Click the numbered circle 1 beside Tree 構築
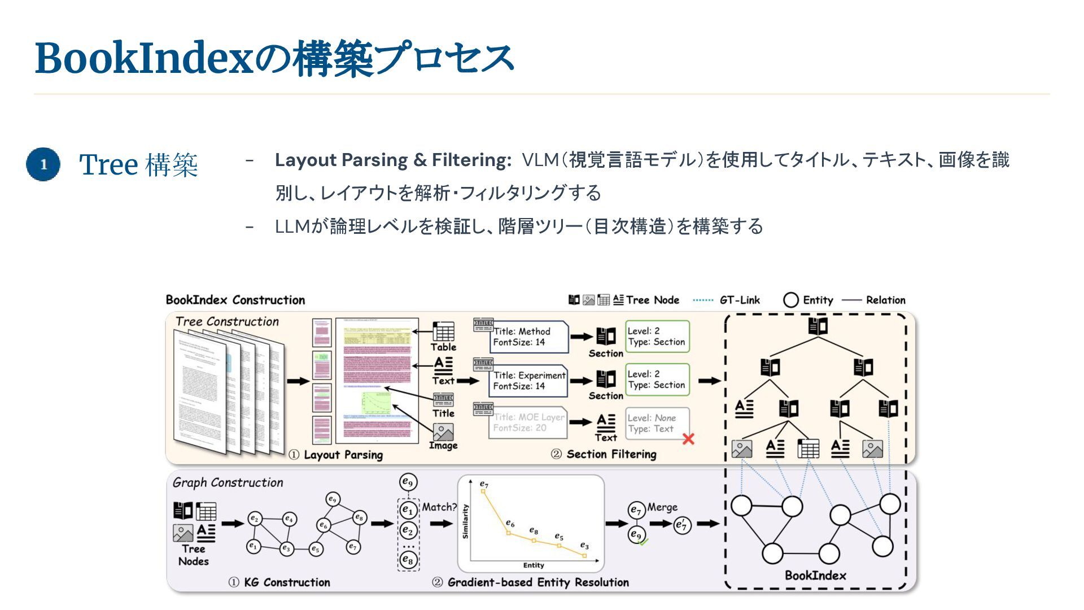coord(43,164)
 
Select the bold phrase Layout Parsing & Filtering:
coord(393,160)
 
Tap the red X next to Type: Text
coord(688,439)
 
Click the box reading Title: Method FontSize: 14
coord(528,337)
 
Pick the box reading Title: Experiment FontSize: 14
coord(528,381)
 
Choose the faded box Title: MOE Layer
coord(528,422)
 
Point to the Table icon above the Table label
coord(443,332)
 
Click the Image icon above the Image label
coord(443,432)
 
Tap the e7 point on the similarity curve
coord(483,491)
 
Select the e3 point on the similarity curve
coord(584,556)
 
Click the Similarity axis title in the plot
coord(465,521)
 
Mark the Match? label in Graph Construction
coord(439,507)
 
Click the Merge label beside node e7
coord(662,507)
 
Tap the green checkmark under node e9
coord(643,542)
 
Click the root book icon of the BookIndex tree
coord(818,326)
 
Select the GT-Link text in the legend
coord(740,300)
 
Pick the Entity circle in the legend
coord(791,300)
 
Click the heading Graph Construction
coord(228,483)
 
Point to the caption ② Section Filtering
coord(604,455)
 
